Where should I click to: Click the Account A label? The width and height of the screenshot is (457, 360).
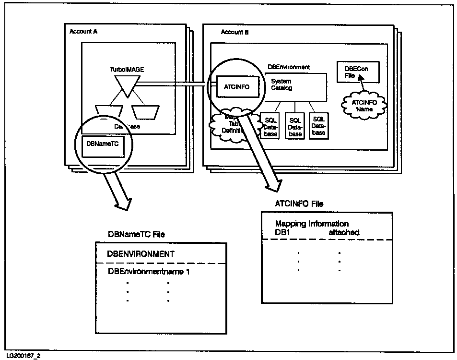[x=83, y=31]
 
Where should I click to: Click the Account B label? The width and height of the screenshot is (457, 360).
[x=234, y=32]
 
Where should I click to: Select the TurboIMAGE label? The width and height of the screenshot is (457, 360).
[x=127, y=70]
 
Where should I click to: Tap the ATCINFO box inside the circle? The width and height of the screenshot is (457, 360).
[x=237, y=87]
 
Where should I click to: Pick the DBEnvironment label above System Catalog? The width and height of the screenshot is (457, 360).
[x=288, y=67]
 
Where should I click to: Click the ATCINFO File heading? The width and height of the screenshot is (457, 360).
[x=299, y=204]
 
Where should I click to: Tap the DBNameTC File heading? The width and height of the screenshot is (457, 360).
[x=136, y=234]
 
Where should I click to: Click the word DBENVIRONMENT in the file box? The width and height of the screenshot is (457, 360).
[x=140, y=254]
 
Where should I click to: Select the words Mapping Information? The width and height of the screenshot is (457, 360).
[x=312, y=224]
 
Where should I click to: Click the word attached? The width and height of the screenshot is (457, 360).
[x=344, y=232]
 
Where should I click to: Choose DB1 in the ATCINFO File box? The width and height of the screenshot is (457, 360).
[x=282, y=232]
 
